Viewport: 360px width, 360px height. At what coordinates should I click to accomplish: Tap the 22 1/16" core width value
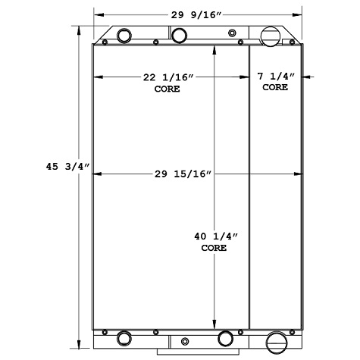coord(167,77)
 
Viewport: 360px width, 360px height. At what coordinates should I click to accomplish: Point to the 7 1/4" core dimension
coord(275,77)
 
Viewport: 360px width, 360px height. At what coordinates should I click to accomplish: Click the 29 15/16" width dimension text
coord(183,174)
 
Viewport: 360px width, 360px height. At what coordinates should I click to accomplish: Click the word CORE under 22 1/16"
coord(167,89)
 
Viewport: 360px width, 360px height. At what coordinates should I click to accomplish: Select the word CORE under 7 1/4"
coord(275,87)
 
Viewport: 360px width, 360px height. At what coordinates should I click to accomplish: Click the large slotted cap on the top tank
coord(271,36)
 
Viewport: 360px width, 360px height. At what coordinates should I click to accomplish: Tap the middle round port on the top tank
coord(180,35)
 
